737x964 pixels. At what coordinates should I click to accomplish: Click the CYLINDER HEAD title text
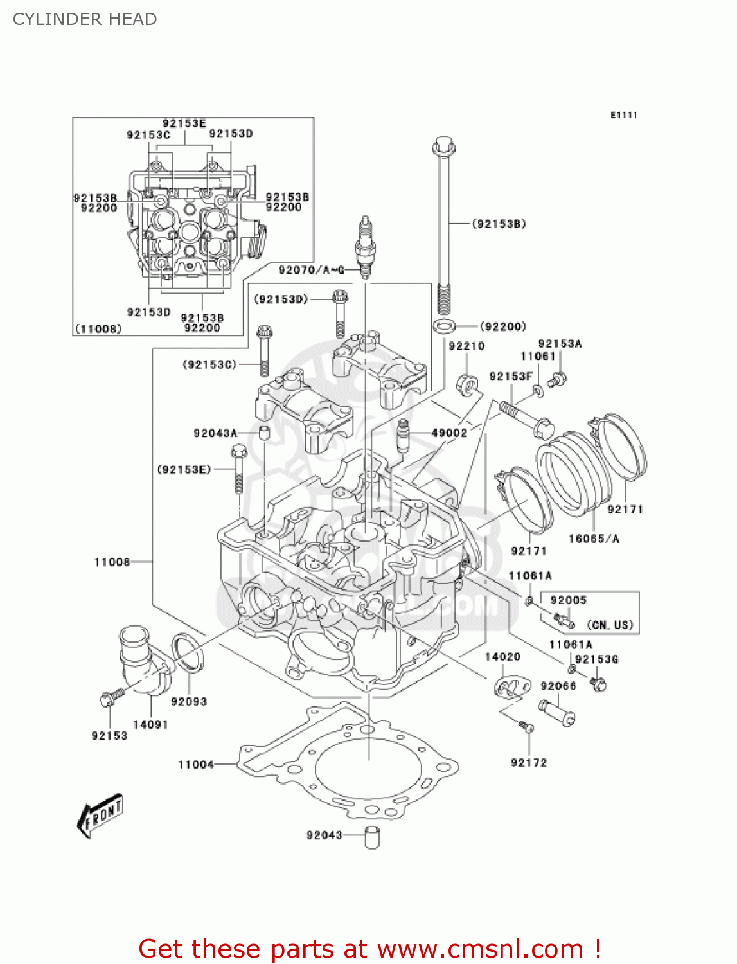click(85, 19)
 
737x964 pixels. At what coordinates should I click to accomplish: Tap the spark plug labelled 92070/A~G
click(364, 247)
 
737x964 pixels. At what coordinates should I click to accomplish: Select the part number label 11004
click(195, 764)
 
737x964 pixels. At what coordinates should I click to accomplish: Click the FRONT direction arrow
click(100, 815)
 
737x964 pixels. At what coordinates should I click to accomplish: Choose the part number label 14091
click(150, 724)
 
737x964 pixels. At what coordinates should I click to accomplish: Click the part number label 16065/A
click(594, 539)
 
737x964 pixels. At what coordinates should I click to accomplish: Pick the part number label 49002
click(449, 433)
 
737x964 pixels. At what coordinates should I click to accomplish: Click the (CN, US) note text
click(610, 625)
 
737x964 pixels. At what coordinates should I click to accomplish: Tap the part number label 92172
click(529, 763)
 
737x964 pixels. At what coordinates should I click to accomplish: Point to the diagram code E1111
click(623, 115)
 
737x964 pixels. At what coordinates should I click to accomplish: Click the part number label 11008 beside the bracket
click(112, 562)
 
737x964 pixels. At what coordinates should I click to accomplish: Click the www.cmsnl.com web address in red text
click(479, 949)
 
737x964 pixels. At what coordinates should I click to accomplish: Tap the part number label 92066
click(558, 686)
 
